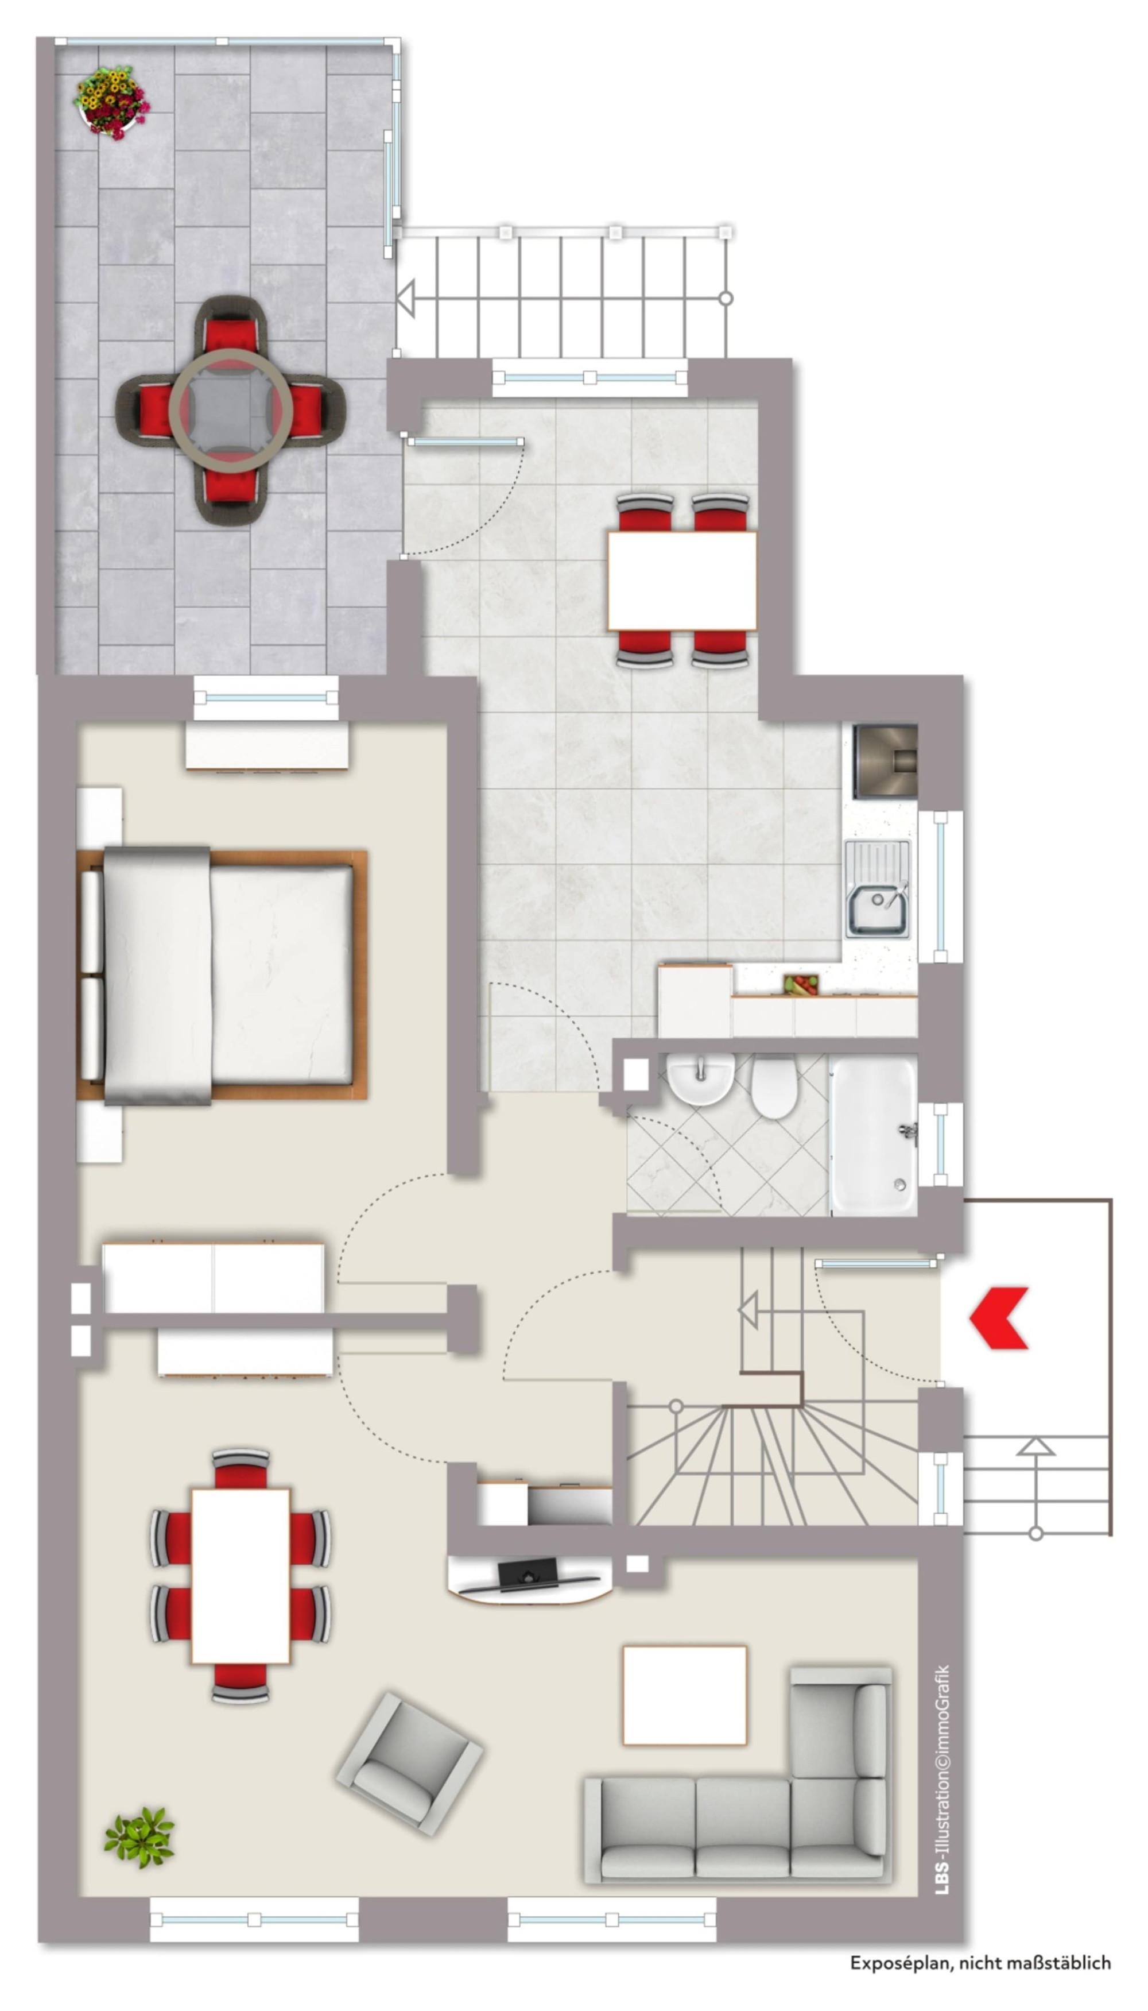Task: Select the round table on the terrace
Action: (x=231, y=408)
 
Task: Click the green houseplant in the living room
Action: (x=139, y=1836)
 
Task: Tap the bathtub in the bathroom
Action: (x=874, y=1135)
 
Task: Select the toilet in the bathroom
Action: (x=774, y=1086)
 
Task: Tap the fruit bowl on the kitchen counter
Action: (x=800, y=984)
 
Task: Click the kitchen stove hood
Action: (x=886, y=760)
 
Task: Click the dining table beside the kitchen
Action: (x=682, y=581)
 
